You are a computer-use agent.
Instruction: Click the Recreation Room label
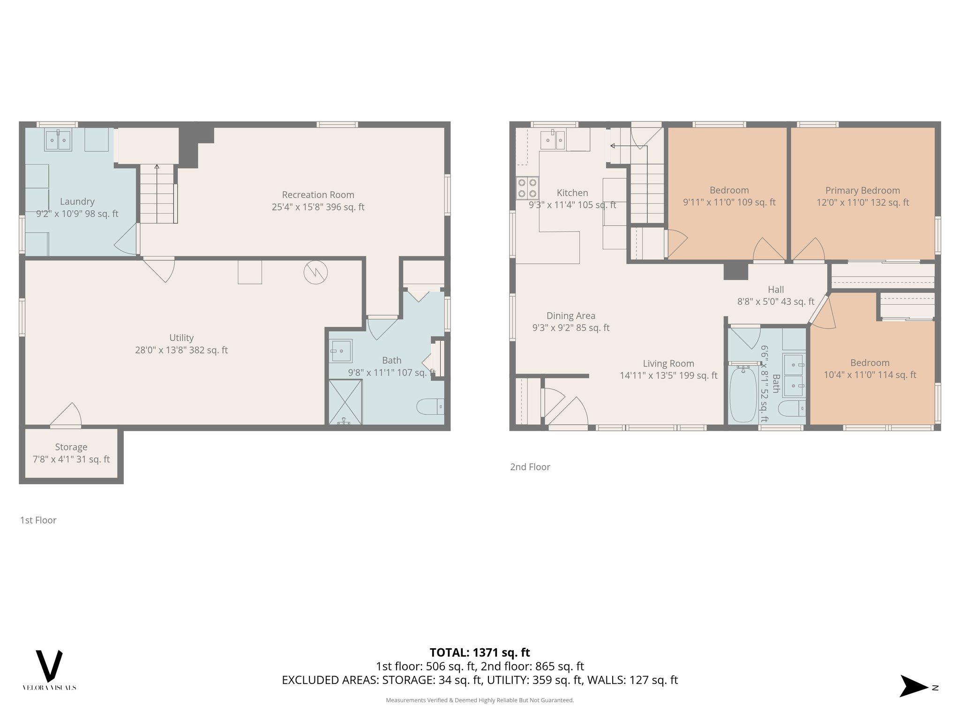pos(318,195)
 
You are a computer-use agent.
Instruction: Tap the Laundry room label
pos(77,202)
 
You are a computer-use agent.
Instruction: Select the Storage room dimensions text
pos(71,459)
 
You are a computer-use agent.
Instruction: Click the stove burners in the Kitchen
pos(527,188)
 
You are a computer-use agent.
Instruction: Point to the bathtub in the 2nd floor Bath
pos(743,394)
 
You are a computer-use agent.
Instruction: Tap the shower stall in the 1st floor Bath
pos(345,402)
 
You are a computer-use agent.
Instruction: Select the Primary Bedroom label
pos(862,190)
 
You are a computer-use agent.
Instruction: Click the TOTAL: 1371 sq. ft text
pos(480,652)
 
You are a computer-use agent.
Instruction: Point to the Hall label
pos(776,290)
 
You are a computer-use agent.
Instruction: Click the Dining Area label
pos(570,316)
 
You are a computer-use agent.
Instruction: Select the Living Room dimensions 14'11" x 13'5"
pos(668,375)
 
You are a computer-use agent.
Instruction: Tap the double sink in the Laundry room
pos(58,140)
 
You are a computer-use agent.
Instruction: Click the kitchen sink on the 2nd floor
pos(553,140)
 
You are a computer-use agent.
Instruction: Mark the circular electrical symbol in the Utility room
pos(315,272)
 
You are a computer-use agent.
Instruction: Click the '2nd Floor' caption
pos(530,467)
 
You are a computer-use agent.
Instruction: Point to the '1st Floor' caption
pos(38,520)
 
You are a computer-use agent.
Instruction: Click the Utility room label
pos(181,338)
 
